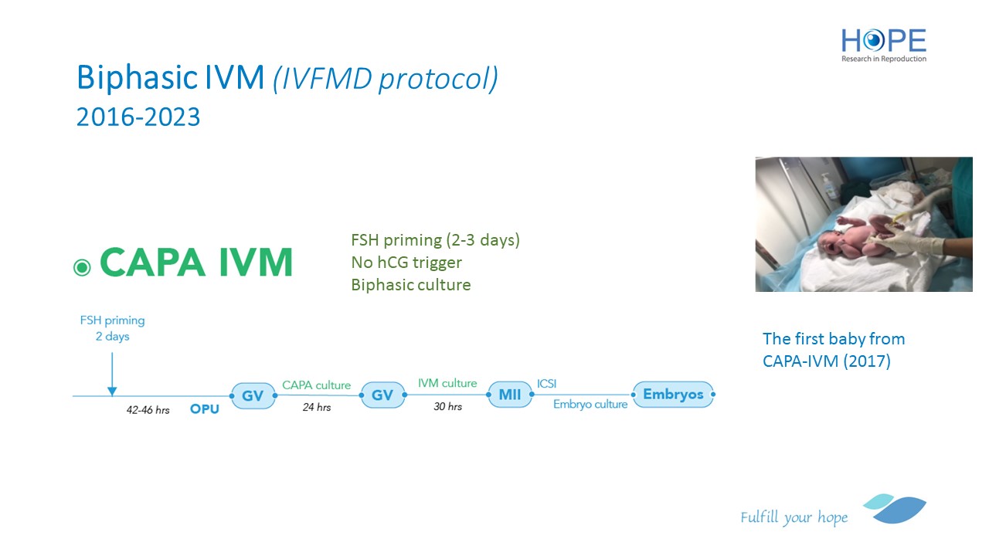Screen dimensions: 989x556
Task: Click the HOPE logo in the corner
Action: [883, 46]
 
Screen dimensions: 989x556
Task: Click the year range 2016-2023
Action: [138, 117]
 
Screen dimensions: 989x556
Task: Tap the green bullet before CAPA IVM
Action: [82, 267]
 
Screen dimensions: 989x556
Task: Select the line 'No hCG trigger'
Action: [406, 263]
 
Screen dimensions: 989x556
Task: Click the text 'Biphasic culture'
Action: [410, 285]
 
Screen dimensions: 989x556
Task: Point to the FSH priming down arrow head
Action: [112, 392]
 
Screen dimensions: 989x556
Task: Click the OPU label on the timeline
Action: [205, 409]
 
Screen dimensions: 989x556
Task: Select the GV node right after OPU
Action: [253, 395]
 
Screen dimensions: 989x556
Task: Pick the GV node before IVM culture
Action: [382, 395]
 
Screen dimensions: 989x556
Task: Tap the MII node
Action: [509, 394]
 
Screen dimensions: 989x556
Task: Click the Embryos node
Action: [673, 394]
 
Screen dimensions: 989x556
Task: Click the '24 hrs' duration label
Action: [317, 407]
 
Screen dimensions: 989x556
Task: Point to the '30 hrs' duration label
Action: [447, 406]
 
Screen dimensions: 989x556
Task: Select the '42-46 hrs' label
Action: [148, 410]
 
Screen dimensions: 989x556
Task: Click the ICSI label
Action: [546, 384]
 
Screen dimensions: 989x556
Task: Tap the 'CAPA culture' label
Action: [316, 385]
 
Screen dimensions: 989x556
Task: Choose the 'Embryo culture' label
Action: [590, 404]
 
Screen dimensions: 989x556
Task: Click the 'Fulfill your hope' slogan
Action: [794, 517]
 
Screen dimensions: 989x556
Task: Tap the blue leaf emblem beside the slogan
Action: [896, 509]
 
